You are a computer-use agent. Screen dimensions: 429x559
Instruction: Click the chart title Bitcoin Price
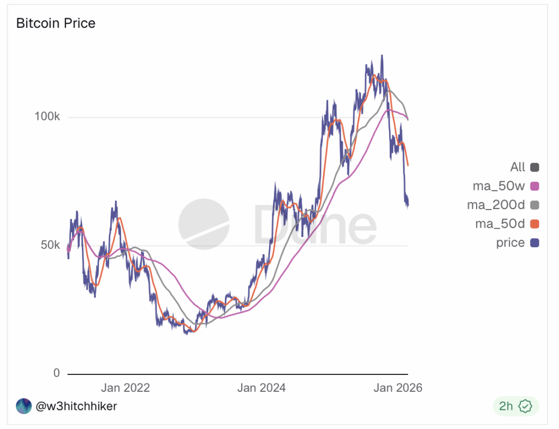click(56, 23)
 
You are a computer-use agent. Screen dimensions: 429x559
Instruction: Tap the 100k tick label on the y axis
click(47, 117)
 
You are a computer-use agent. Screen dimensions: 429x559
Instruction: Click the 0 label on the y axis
click(56, 374)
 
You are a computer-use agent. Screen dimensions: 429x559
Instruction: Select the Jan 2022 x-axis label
click(125, 388)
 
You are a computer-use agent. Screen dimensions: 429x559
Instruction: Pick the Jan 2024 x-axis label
click(261, 388)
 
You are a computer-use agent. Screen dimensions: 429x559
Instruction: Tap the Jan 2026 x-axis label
click(398, 388)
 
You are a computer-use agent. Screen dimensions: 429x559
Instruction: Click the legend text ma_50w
click(498, 186)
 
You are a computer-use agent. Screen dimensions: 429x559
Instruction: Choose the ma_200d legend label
click(496, 205)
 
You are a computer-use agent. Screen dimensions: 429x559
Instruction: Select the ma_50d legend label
click(499, 224)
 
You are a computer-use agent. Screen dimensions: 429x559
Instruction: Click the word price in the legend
click(510, 243)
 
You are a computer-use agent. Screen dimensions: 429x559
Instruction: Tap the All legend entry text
click(518, 167)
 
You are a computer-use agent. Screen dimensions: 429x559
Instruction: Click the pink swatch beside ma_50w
click(534, 186)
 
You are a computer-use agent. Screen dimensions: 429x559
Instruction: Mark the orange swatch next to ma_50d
click(534, 224)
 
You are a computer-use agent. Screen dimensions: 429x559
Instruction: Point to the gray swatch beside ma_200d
click(534, 205)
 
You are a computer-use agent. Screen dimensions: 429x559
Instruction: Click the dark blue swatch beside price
click(534, 243)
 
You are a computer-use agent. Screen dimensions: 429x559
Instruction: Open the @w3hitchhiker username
click(76, 406)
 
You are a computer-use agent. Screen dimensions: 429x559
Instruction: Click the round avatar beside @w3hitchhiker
click(23, 406)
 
